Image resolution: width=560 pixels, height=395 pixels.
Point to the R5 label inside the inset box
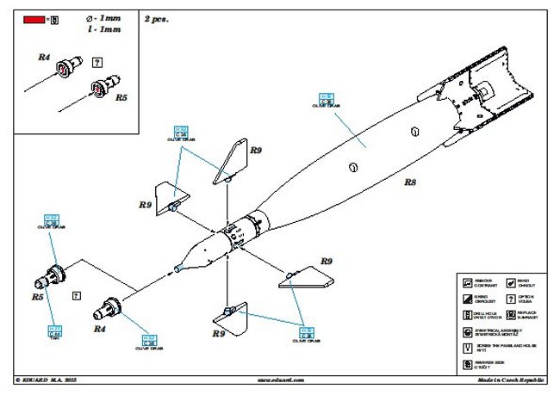120,98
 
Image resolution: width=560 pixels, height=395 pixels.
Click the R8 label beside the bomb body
410,182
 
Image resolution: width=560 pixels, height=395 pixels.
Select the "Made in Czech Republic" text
509,378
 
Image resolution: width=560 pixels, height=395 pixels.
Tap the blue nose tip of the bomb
177,268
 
